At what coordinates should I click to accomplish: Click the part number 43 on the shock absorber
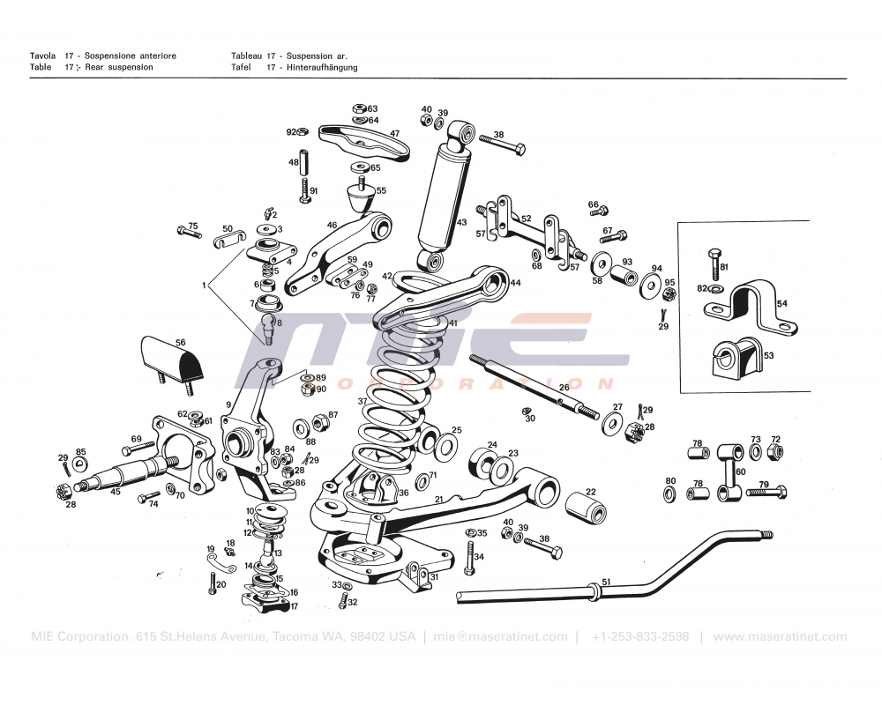point(461,222)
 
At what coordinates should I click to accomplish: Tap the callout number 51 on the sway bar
point(605,582)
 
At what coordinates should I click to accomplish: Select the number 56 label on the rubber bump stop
point(180,343)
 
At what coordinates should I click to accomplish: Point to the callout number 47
point(394,134)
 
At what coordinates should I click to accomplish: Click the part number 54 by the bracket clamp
point(781,303)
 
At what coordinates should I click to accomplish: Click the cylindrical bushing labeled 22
point(585,510)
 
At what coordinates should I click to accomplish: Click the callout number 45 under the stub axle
point(116,492)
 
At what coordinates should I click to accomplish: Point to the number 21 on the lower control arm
point(438,499)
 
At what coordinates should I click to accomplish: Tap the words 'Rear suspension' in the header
point(119,67)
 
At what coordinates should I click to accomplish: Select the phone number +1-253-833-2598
point(640,636)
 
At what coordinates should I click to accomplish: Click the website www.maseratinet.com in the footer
point(780,636)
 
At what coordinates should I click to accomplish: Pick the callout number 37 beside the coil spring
point(362,401)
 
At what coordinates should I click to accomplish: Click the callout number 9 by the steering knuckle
point(228,404)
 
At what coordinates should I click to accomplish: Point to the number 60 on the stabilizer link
point(740,471)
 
